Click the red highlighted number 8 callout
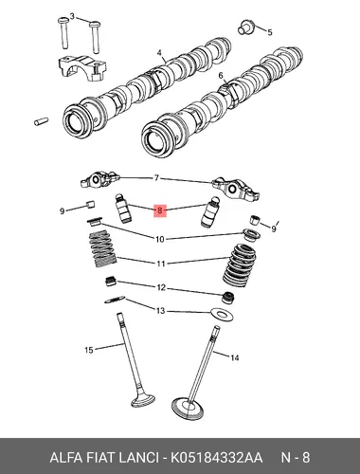click(160, 210)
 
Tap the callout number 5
click(270, 32)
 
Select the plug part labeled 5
click(245, 27)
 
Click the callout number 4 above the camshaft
click(159, 53)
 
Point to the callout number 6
click(221, 76)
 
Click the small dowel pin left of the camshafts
click(41, 120)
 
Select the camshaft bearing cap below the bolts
click(82, 67)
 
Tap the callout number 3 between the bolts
click(72, 16)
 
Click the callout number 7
click(157, 178)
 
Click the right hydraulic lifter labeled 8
click(210, 211)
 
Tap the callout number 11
click(161, 264)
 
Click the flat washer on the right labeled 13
click(223, 315)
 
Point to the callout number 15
click(89, 350)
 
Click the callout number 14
click(235, 357)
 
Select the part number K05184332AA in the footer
click(217, 458)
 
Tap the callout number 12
click(161, 287)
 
